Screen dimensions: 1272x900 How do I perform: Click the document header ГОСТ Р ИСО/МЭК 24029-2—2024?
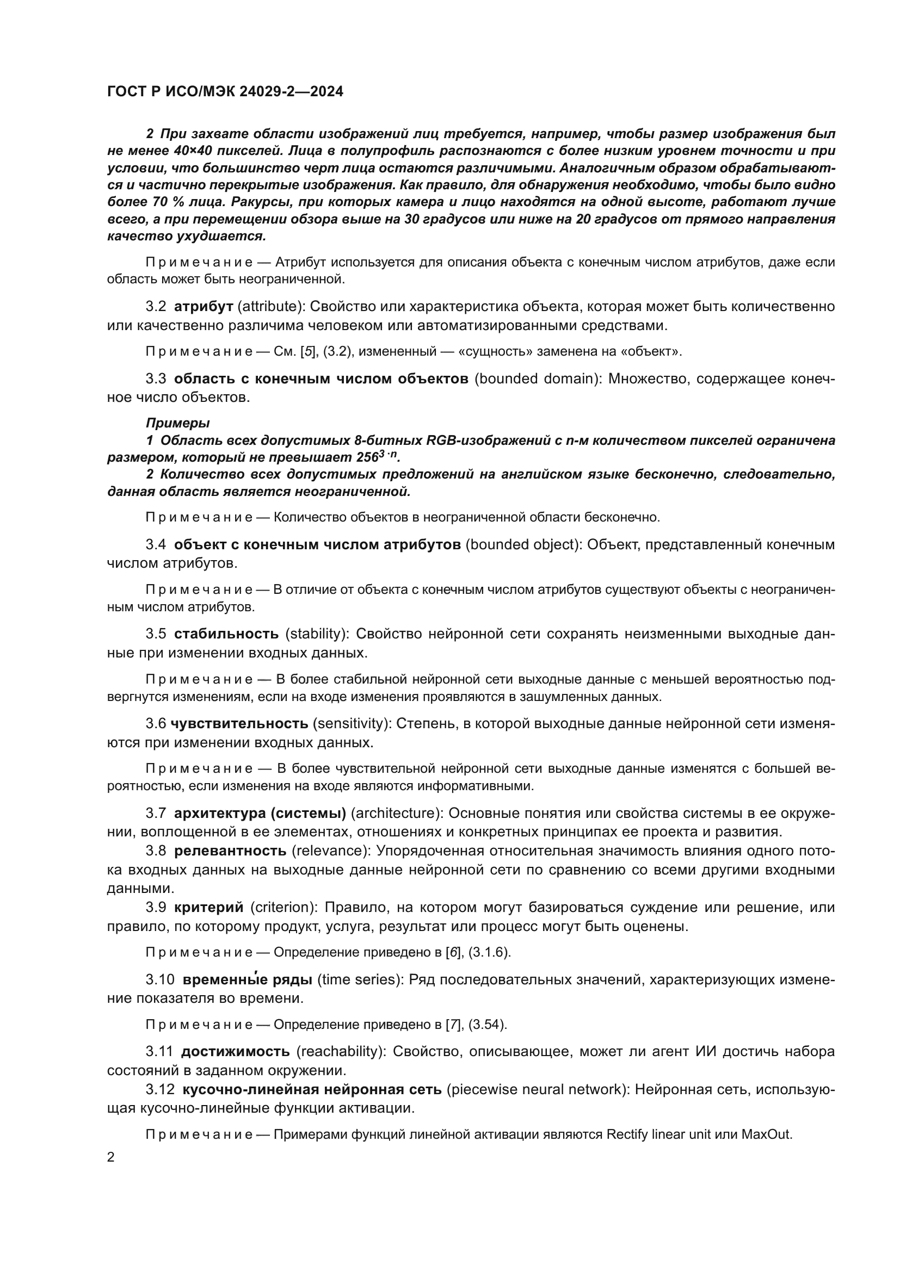(225, 91)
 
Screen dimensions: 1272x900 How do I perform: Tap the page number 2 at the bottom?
(111, 1157)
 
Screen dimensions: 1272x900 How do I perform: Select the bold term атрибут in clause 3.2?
(204, 306)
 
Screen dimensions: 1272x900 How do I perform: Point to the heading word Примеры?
(178, 423)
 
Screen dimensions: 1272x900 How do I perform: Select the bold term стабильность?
(227, 633)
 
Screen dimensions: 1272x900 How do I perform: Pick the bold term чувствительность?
(239, 723)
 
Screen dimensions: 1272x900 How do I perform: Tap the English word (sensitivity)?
(349, 723)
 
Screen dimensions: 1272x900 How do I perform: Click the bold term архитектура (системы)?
(260, 812)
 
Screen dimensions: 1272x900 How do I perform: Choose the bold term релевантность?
(231, 851)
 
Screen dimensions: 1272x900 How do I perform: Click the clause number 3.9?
(156, 907)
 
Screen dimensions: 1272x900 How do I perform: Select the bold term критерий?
(209, 907)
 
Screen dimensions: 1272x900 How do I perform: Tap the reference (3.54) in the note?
(488, 1025)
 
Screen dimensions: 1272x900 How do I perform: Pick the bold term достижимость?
(236, 1051)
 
